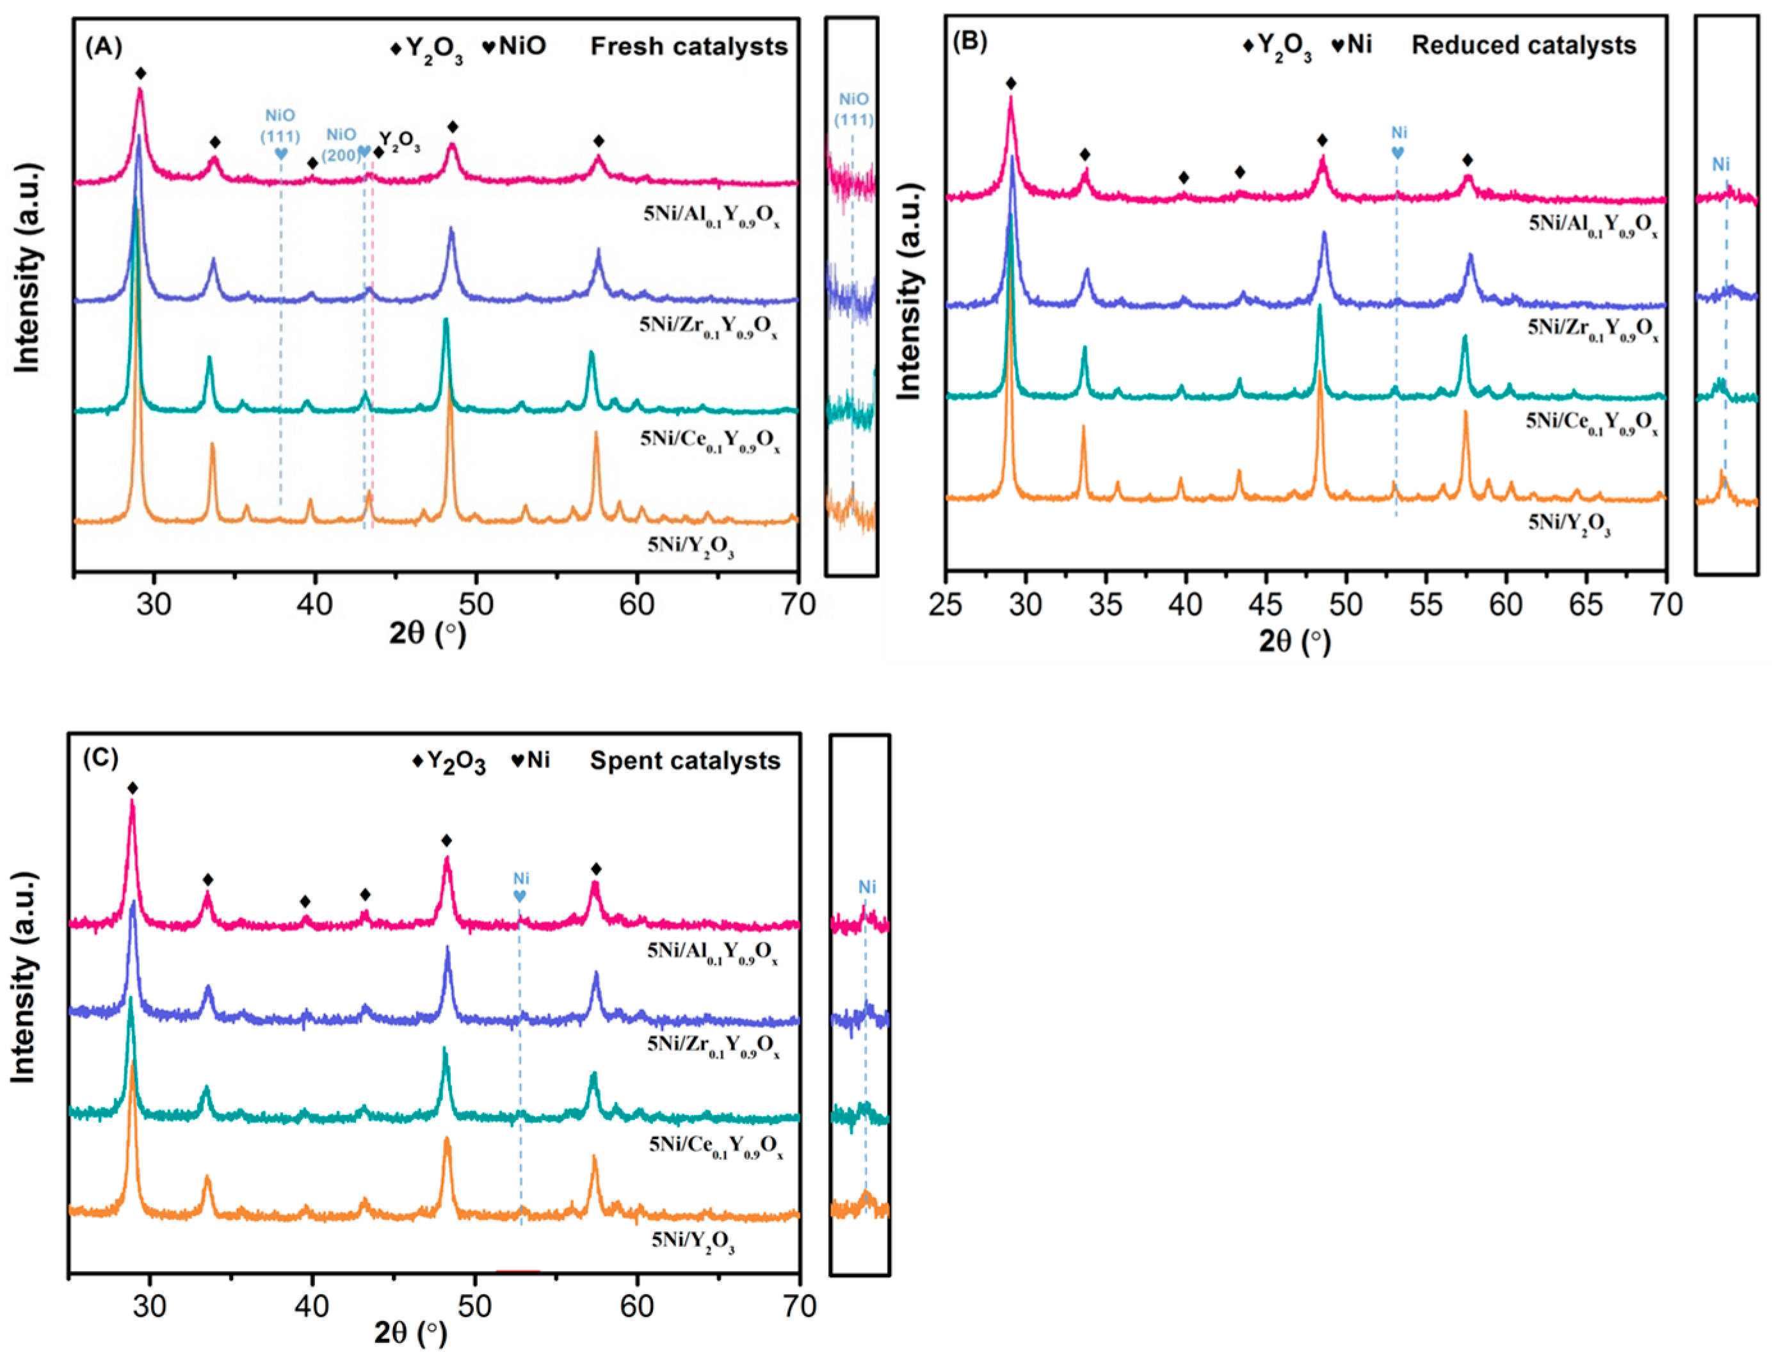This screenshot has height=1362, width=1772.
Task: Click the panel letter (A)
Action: (x=103, y=47)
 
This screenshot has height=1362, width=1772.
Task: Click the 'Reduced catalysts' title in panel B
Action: (x=1523, y=45)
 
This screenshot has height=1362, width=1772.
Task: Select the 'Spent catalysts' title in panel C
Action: (x=684, y=760)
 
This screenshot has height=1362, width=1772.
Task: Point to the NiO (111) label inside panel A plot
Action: (x=280, y=125)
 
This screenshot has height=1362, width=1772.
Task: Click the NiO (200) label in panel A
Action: (x=341, y=144)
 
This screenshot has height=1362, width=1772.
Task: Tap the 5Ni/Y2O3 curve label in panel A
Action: (x=691, y=547)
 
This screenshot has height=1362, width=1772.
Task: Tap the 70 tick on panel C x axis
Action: (x=800, y=1307)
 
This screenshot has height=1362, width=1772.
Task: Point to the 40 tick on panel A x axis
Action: (x=315, y=604)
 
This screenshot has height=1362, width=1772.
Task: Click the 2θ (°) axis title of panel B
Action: (x=1294, y=643)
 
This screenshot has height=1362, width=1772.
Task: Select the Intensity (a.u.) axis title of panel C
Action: (x=24, y=977)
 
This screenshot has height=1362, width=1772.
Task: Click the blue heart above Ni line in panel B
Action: (x=1397, y=152)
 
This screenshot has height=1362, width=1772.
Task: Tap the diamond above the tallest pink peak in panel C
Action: (x=132, y=788)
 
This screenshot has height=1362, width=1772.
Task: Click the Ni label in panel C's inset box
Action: (x=867, y=887)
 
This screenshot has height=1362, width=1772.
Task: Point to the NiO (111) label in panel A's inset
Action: (x=853, y=109)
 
